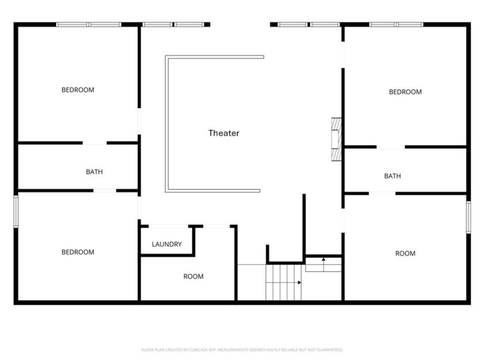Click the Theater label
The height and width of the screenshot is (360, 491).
pyautogui.click(x=224, y=133)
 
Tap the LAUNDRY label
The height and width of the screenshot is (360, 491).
pyautogui.click(x=167, y=244)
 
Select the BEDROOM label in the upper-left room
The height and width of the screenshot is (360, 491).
pyautogui.click(x=78, y=90)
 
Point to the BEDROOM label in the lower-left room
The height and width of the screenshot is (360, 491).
pyautogui.click(x=78, y=252)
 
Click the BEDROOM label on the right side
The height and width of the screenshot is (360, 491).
pyautogui.click(x=405, y=92)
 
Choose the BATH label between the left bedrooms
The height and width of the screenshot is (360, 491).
pyautogui.click(x=94, y=172)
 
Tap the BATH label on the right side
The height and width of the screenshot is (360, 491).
pyautogui.click(x=393, y=176)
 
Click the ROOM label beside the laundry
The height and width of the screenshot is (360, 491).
pyautogui.click(x=193, y=276)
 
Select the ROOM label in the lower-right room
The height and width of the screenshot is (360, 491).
pyautogui.click(x=405, y=253)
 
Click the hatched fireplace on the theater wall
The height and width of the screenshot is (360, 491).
pyautogui.click(x=336, y=139)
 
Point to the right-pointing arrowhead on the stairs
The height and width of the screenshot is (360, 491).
pyautogui.click(x=299, y=283)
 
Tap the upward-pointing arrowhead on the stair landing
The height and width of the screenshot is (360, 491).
pyautogui.click(x=324, y=259)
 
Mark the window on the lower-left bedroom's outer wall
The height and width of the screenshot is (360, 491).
pyautogui.click(x=16, y=211)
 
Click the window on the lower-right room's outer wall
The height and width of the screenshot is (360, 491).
pyautogui.click(x=468, y=217)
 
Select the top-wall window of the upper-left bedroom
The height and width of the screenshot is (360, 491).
pyautogui.click(x=89, y=24)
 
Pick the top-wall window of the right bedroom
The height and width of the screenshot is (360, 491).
pyautogui.click(x=396, y=24)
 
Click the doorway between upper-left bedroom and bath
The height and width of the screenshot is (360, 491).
pyautogui.click(x=95, y=143)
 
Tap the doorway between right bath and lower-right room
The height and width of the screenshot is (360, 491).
pyautogui.click(x=382, y=193)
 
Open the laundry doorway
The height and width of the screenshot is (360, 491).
pyautogui.click(x=168, y=226)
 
